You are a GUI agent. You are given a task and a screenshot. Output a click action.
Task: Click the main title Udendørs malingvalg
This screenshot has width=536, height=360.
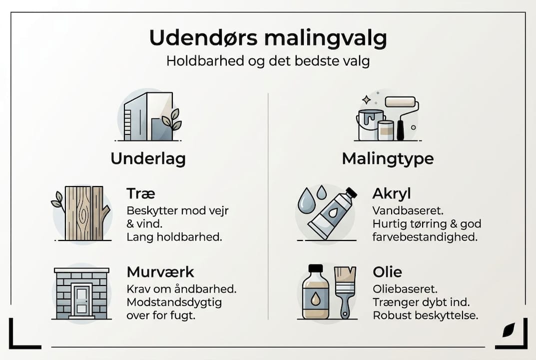pos(268,38)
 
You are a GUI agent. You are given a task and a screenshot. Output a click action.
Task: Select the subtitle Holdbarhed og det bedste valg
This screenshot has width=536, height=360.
pos(268,62)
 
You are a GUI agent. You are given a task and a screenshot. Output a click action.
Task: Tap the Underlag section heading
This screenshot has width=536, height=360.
pos(148,158)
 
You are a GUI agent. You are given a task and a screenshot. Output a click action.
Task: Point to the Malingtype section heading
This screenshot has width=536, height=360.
pos(388,158)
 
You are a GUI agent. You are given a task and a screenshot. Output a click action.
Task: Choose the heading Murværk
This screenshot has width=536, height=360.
pos(160,272)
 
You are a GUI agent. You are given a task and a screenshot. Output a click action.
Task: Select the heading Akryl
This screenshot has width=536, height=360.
pos(391,194)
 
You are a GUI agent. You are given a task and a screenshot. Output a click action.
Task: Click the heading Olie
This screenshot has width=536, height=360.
pos(387,272)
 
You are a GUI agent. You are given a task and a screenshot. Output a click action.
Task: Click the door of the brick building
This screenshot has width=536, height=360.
pos(81,299)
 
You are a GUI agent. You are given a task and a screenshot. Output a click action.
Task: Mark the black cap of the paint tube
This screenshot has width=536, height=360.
pos(351,193)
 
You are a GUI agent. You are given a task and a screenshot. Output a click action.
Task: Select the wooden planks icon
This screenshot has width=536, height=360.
pos(84,213)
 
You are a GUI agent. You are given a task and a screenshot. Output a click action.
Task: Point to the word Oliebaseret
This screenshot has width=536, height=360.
pos(398,289)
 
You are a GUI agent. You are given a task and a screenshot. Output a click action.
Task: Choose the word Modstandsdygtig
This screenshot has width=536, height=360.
pos(174,302)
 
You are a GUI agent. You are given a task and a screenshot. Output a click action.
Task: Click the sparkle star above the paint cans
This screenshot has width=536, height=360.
pos(367,99)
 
